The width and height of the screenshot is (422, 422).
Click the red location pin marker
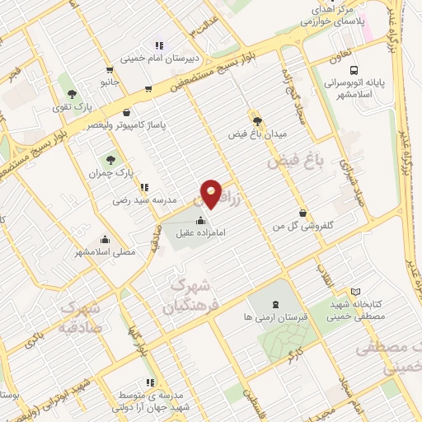pos(213,194)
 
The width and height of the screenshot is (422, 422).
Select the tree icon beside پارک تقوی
pos(73,94)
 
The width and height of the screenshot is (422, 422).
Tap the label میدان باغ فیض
pos(256,132)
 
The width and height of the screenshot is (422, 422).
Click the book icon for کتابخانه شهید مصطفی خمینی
pos(356,291)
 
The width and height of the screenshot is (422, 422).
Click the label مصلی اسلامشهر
pos(105,251)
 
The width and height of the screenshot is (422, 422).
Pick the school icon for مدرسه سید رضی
pos(144,187)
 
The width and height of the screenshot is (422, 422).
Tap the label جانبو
pos(110,82)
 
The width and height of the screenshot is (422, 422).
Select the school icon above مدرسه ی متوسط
pos(149,382)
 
